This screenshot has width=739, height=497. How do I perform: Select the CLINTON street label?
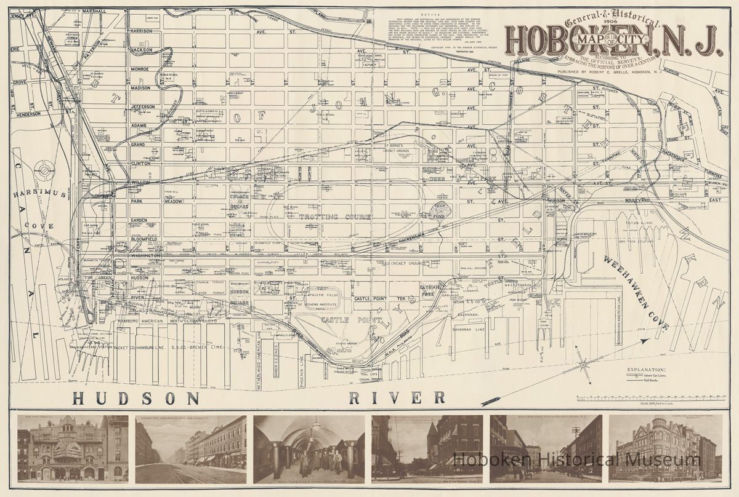tap(142, 164)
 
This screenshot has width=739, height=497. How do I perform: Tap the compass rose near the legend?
tap(583, 365)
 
